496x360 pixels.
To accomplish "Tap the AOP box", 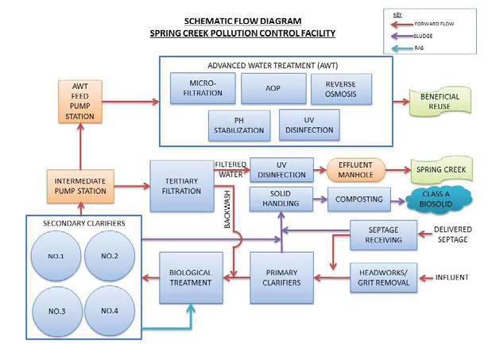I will (272, 89).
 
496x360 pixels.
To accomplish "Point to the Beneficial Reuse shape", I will (440, 103).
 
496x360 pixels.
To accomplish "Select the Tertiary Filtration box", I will (182, 185).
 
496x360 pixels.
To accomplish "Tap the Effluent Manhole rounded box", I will (355, 170).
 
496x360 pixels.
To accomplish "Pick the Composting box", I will (358, 199).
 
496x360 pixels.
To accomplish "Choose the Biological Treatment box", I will (189, 278).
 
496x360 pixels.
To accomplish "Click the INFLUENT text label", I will (453, 277).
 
